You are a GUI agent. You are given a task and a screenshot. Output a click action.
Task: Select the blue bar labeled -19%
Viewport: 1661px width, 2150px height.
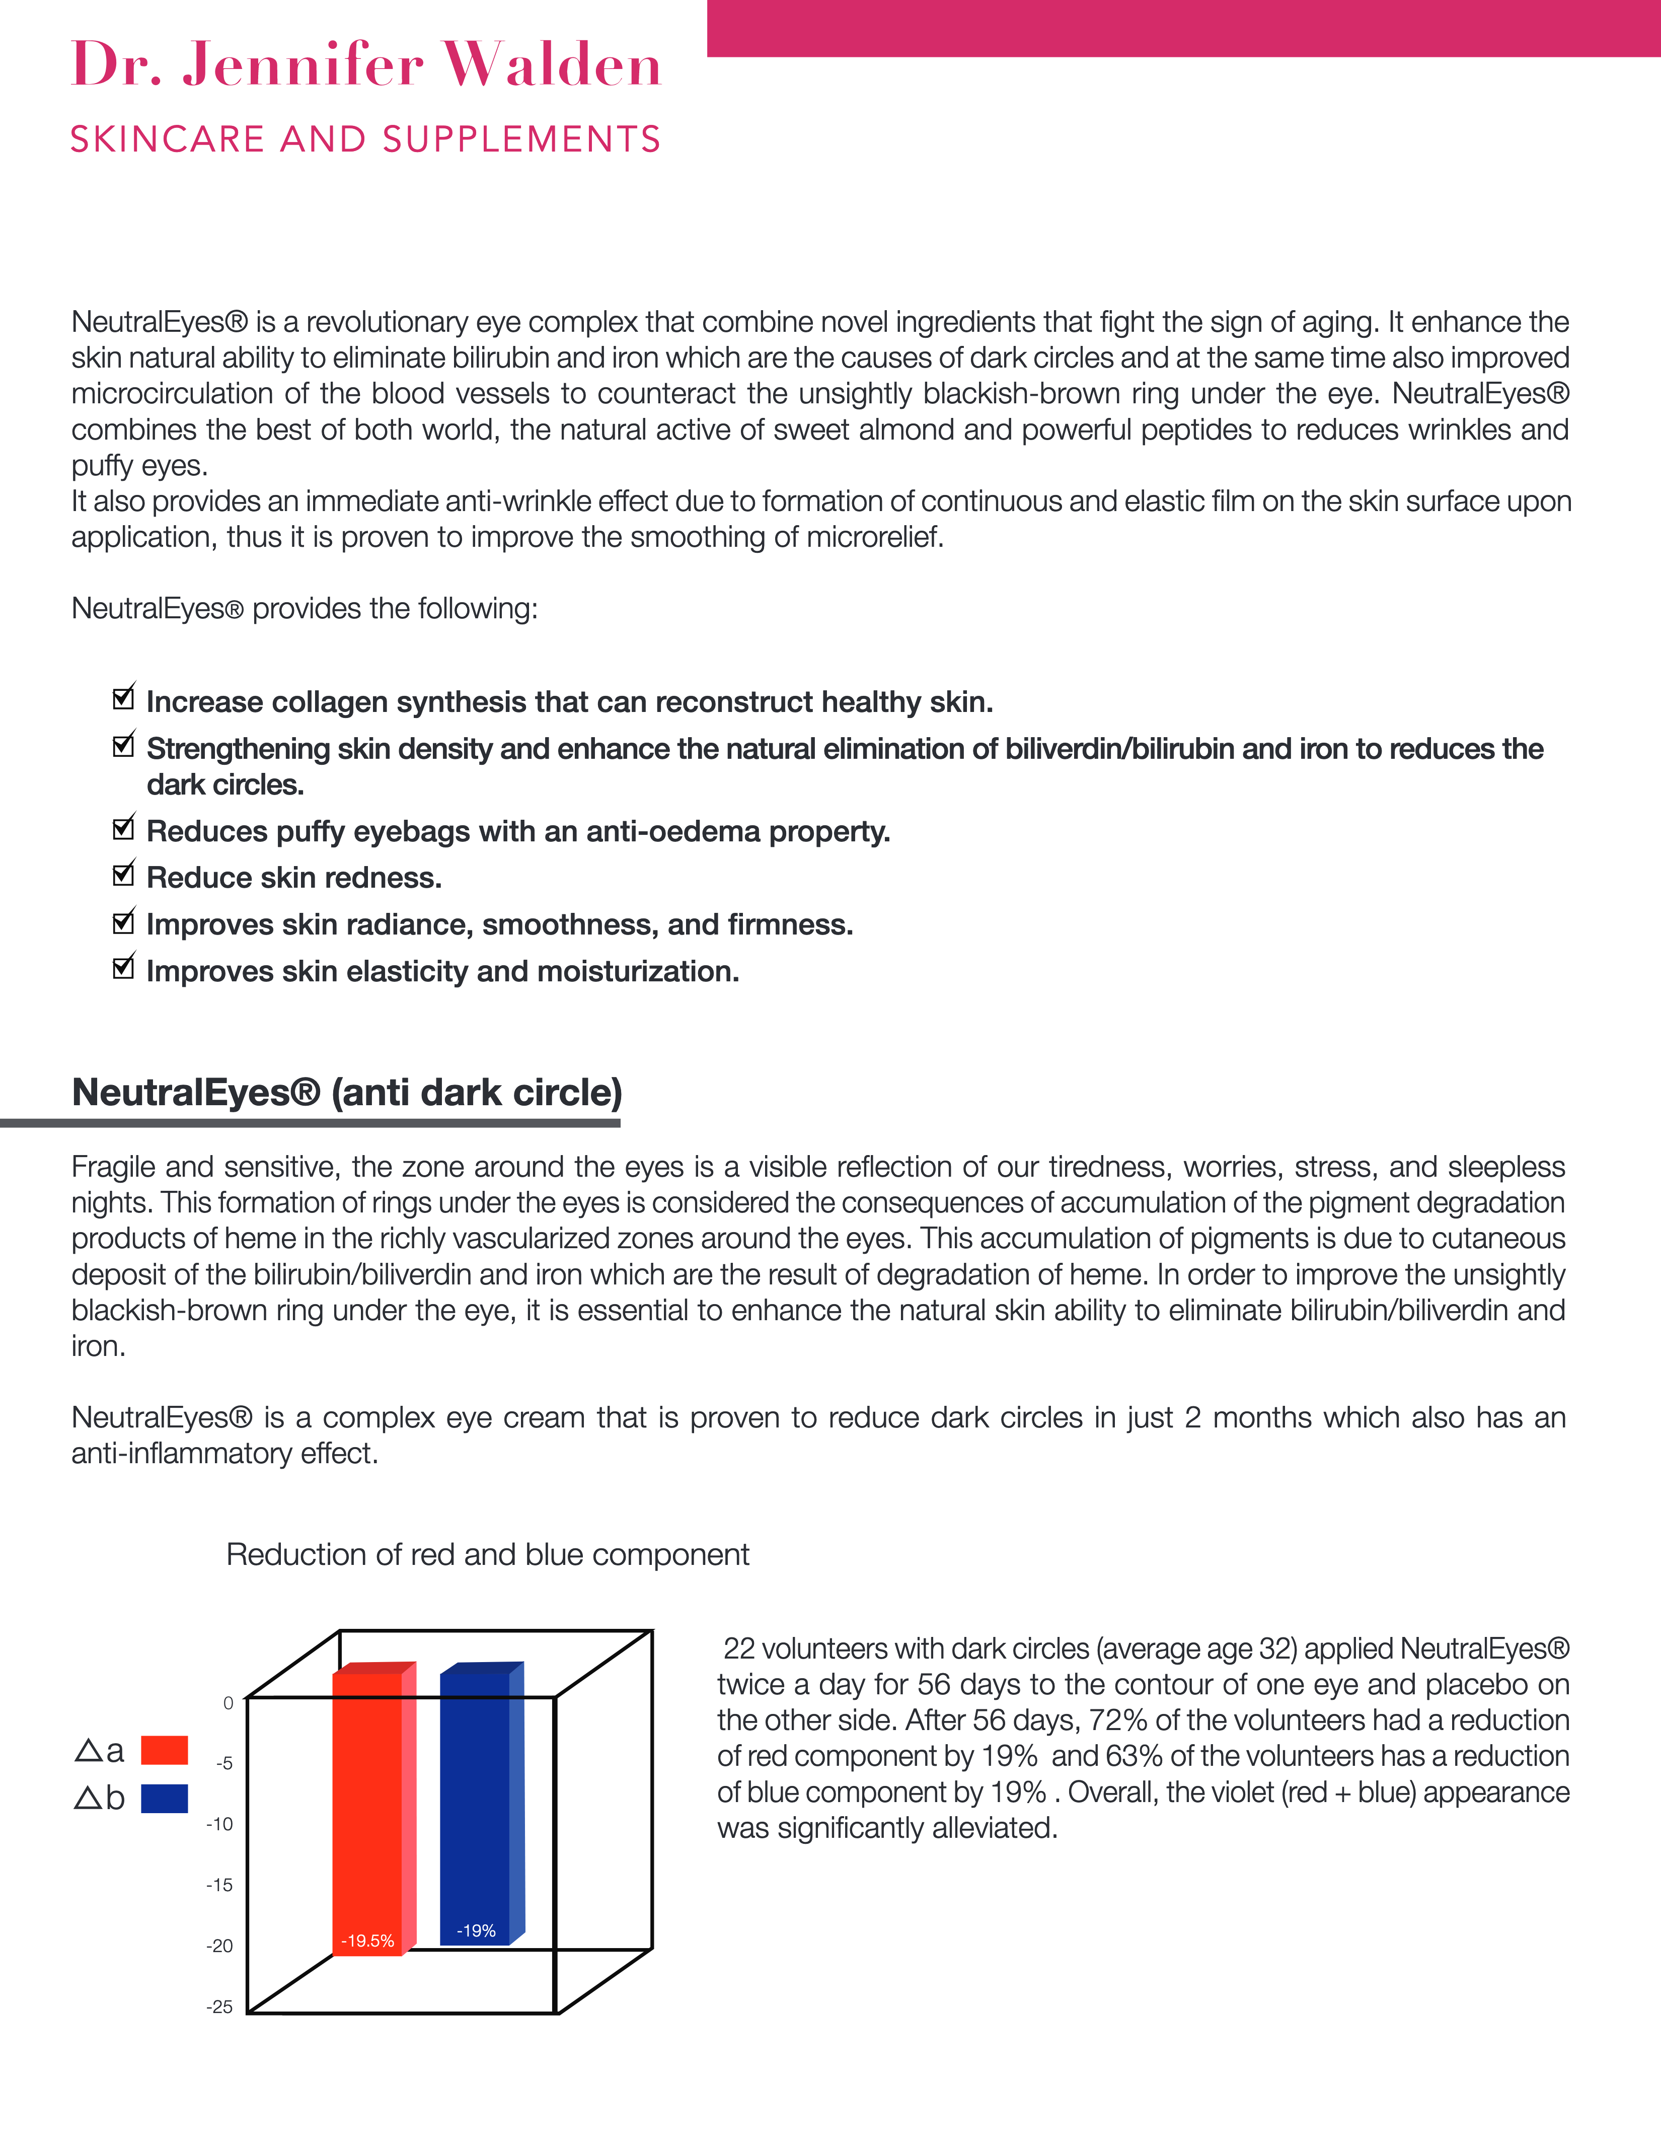click(x=474, y=1807)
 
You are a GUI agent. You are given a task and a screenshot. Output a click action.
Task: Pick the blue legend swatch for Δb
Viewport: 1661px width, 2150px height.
click(x=164, y=1799)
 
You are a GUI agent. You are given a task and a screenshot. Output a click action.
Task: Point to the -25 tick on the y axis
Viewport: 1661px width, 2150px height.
click(x=219, y=2006)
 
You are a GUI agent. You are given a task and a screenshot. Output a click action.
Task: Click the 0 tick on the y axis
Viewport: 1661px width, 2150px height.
click(x=229, y=1703)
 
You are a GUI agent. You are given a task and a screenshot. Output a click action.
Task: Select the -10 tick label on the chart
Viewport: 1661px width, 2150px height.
click(x=219, y=1824)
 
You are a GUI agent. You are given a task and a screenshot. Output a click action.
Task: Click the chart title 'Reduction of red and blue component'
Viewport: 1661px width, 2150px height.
click(x=487, y=1554)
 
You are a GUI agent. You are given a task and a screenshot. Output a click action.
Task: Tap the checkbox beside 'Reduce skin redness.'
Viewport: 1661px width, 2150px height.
click(x=123, y=874)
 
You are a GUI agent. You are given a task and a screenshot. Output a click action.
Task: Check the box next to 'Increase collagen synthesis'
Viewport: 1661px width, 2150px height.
click(x=123, y=698)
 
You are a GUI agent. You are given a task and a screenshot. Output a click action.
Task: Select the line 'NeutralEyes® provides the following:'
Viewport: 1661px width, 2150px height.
click(x=304, y=608)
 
